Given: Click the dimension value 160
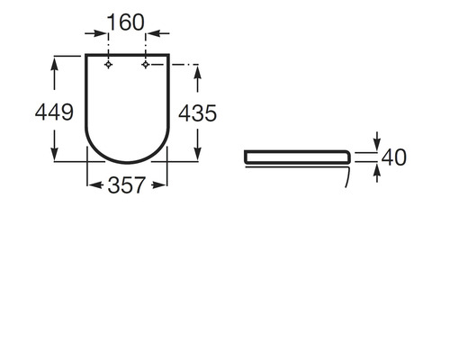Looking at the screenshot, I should [127, 22].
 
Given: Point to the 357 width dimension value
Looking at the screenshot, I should [127, 186].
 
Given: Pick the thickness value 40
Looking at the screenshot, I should [394, 157].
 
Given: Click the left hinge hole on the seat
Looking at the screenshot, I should [108, 65].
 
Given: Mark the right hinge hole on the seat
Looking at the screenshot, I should [145, 65].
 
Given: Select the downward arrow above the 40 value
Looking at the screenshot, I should [376, 143].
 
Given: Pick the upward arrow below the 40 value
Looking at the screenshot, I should [376, 171].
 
